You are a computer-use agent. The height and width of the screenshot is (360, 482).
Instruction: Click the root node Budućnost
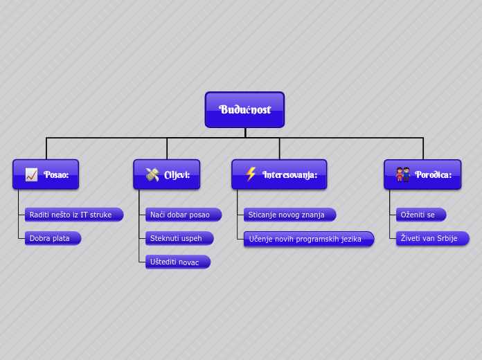pos(244,109)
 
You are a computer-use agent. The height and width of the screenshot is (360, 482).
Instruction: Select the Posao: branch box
pos(46,174)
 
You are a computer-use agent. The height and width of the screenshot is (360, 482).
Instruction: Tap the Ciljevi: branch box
pos(166,174)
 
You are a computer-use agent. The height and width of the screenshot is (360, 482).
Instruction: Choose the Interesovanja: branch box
pos(279,174)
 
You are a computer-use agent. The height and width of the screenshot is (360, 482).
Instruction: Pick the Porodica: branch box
pos(422,174)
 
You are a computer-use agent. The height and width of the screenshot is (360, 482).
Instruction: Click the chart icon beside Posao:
pos(31,174)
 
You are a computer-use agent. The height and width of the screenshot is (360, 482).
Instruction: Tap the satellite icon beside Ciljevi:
pos(152,174)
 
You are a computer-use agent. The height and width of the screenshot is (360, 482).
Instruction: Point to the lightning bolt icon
pos(251,174)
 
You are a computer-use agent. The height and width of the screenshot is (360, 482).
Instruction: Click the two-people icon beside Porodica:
pos(403,174)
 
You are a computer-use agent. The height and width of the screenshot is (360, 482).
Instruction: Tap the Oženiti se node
pos(420,215)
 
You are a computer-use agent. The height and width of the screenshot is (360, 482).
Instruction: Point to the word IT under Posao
pos(84,215)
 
